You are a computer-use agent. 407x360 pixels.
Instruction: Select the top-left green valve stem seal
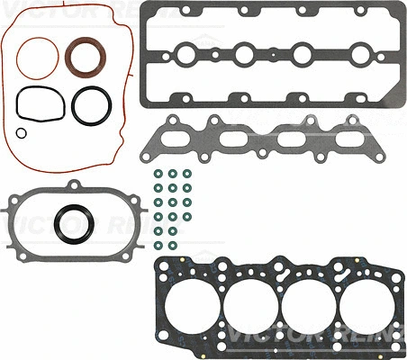[x=158, y=174]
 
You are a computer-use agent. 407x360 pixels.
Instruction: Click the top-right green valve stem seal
[x=187, y=174]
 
